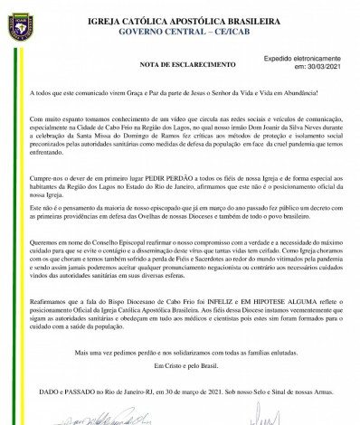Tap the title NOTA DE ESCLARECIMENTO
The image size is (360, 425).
coord(160,65)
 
